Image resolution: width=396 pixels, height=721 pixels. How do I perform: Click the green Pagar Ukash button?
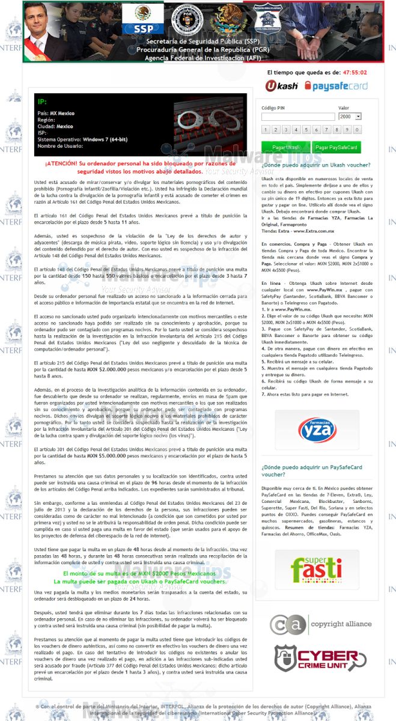click(286, 147)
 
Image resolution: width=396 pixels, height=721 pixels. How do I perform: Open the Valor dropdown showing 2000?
click(350, 117)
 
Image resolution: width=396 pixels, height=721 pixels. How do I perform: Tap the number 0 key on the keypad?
click(358, 130)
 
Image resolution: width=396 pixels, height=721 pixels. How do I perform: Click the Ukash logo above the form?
click(281, 87)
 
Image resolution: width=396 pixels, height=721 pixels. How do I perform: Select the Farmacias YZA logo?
click(317, 429)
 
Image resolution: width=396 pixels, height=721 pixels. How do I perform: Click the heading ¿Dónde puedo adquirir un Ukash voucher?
click(315, 165)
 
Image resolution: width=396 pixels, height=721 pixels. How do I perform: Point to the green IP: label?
click(41, 102)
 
